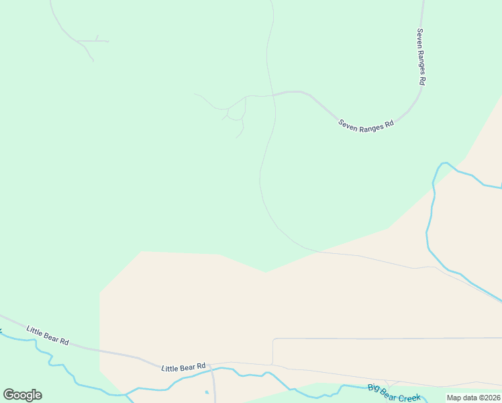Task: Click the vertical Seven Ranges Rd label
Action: pos(421,56)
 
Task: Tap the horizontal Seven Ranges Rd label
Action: pos(366,124)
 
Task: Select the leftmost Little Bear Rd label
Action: pos(48,335)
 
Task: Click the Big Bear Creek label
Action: pos(394,394)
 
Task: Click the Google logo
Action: pos(22,395)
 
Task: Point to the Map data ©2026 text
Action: pos(473,398)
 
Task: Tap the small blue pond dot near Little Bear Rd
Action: pos(207,392)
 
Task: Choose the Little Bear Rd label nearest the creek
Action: pos(183,367)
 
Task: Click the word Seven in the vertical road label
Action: pos(420,38)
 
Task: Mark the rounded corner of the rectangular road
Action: pos(274,341)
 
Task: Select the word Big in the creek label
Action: pos(372,388)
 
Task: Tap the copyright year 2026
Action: pos(491,398)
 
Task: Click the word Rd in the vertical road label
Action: pos(422,79)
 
